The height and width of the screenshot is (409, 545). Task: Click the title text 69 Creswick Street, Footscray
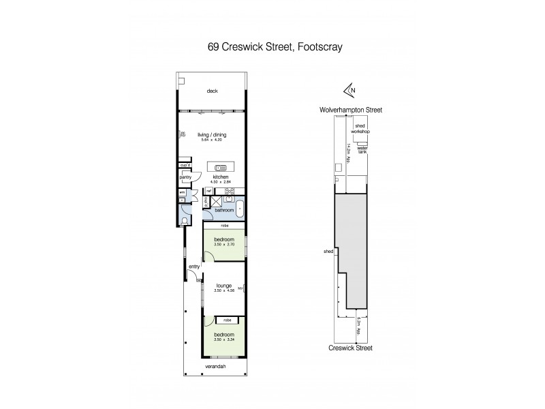click(272, 48)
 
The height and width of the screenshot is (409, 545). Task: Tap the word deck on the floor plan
click(213, 91)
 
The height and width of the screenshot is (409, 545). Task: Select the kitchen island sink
click(220, 168)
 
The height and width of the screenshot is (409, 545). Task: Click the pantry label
click(185, 177)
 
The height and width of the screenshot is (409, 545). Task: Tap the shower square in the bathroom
click(216, 202)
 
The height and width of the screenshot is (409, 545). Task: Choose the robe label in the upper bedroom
click(223, 226)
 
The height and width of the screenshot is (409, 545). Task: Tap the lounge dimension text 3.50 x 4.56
click(225, 290)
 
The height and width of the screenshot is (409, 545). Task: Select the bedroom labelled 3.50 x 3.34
click(224, 336)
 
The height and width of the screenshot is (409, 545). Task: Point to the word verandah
click(215, 367)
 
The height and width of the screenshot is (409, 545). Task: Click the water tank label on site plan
click(362, 150)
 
